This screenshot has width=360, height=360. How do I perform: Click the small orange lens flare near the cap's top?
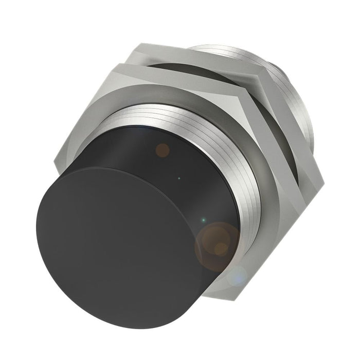[163, 150]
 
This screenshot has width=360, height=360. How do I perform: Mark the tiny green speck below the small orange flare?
[178, 179]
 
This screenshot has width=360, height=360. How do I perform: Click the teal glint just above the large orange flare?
[204, 220]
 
